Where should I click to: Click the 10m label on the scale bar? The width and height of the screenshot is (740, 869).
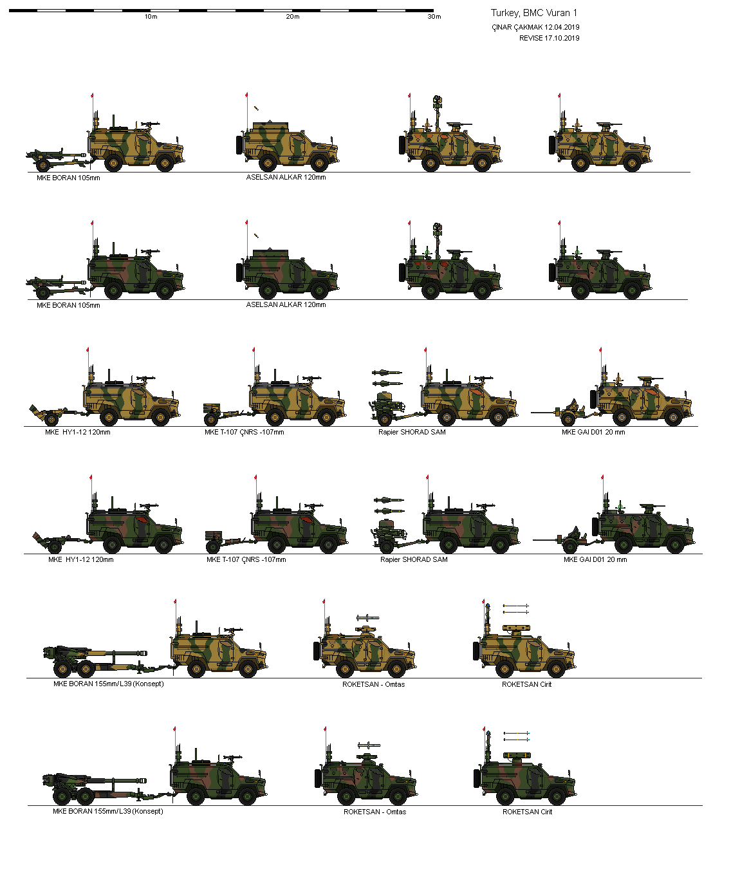[151, 17]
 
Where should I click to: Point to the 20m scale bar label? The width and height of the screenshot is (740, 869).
[293, 17]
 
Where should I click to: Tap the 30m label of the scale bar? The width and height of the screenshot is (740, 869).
[434, 17]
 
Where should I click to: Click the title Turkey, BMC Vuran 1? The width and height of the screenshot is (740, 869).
[534, 13]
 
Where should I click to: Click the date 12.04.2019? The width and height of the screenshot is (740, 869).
[562, 27]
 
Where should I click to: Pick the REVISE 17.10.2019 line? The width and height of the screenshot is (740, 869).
[549, 38]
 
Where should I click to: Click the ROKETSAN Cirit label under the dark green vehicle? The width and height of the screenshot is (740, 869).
[527, 812]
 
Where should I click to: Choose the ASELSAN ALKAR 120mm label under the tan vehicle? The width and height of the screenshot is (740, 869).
[286, 177]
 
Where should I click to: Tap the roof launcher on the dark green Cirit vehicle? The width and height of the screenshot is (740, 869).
[517, 755]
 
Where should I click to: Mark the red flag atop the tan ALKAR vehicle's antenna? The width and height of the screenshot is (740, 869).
[246, 95]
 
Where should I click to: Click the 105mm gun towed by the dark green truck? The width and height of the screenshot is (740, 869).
[55, 283]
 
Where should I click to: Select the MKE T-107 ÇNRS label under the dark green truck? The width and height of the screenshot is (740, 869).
[246, 559]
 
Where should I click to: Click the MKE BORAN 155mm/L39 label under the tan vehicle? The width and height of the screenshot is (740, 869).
[108, 684]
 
